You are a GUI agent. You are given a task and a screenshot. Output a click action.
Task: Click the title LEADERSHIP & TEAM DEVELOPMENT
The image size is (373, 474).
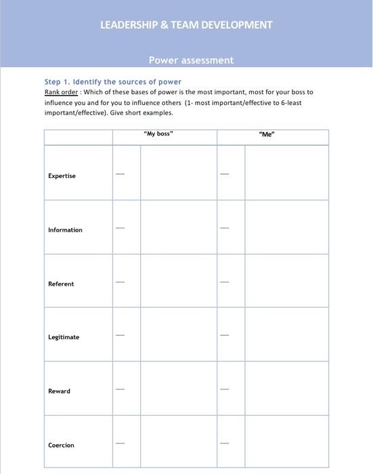tap(186, 25)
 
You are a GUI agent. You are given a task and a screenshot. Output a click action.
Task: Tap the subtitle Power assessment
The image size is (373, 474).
tap(191, 60)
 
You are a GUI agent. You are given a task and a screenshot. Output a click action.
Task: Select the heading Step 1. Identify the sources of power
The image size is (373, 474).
tap(112, 82)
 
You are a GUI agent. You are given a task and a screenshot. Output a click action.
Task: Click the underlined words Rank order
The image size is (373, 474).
tap(61, 91)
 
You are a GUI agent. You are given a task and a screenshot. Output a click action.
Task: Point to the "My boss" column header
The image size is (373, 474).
tap(158, 134)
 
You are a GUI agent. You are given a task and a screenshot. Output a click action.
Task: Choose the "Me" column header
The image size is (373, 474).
tap(266, 134)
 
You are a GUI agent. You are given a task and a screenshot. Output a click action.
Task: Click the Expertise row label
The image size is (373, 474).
tap(62, 176)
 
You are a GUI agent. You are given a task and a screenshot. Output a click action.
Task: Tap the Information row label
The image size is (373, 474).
tap(65, 230)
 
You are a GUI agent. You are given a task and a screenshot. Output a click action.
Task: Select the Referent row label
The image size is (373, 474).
tap(61, 284)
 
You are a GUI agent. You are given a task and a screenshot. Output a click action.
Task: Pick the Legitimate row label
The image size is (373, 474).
tap(64, 337)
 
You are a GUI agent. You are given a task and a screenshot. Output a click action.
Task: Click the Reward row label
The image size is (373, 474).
tap(59, 391)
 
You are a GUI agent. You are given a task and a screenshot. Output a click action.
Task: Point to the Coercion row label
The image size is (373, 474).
tap(61, 445)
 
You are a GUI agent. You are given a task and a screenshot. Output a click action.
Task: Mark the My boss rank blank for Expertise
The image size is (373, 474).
tap(120, 174)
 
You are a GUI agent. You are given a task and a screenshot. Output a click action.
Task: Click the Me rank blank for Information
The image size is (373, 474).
tap(225, 228)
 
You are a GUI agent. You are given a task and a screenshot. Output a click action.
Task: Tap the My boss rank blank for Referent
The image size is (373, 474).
tap(120, 282)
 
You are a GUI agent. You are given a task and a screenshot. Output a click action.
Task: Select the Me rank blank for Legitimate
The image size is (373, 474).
tap(225, 335)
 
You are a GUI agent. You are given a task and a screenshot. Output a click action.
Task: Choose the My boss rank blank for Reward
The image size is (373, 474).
tap(120, 389)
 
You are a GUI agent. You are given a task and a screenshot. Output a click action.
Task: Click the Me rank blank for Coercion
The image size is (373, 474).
tap(225, 443)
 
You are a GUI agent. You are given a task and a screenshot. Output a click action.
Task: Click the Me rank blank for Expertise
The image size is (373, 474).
tap(225, 174)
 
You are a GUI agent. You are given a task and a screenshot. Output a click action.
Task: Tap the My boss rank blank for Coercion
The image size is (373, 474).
tap(120, 443)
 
